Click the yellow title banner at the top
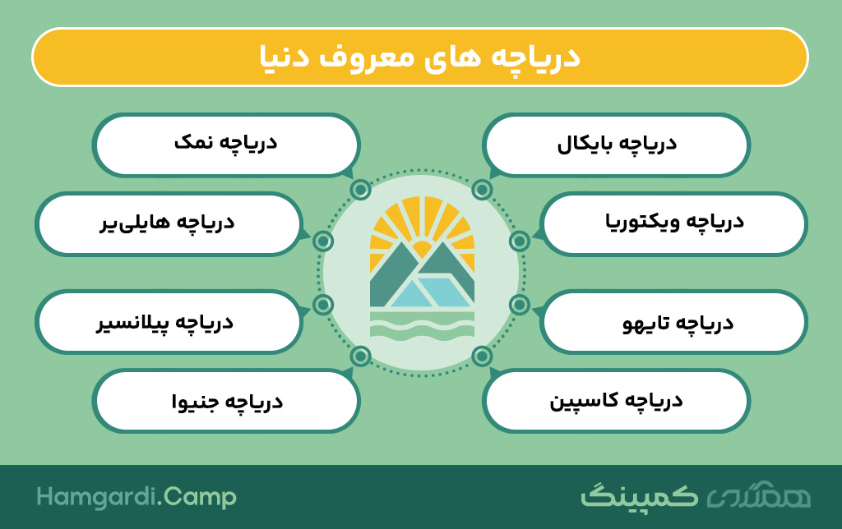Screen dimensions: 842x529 coord(420,57)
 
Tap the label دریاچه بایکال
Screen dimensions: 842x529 coord(617,145)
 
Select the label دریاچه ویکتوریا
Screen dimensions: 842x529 coord(674,223)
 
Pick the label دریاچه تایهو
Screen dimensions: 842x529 coord(678,323)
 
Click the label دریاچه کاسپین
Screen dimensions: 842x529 coord(616,402)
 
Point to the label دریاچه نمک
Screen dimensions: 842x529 coord(225,143)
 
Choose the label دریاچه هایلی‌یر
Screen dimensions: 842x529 coord(167,223)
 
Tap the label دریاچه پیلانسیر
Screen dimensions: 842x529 coord(164,323)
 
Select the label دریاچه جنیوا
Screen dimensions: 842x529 coord(227,402)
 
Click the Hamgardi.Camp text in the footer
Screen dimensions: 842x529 coord(136,497)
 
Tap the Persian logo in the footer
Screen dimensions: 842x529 coord(696,496)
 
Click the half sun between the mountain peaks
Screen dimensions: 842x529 coord(422,250)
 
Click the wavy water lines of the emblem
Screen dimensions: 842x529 coord(422,327)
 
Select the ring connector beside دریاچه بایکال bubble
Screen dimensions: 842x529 coord(482,190)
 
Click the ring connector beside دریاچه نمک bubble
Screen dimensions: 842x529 coord(360,190)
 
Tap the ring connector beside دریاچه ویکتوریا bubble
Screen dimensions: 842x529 coord(520,241)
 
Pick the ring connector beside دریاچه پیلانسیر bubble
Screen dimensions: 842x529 coord(322,305)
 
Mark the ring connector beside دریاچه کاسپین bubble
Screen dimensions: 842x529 coord(482,356)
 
